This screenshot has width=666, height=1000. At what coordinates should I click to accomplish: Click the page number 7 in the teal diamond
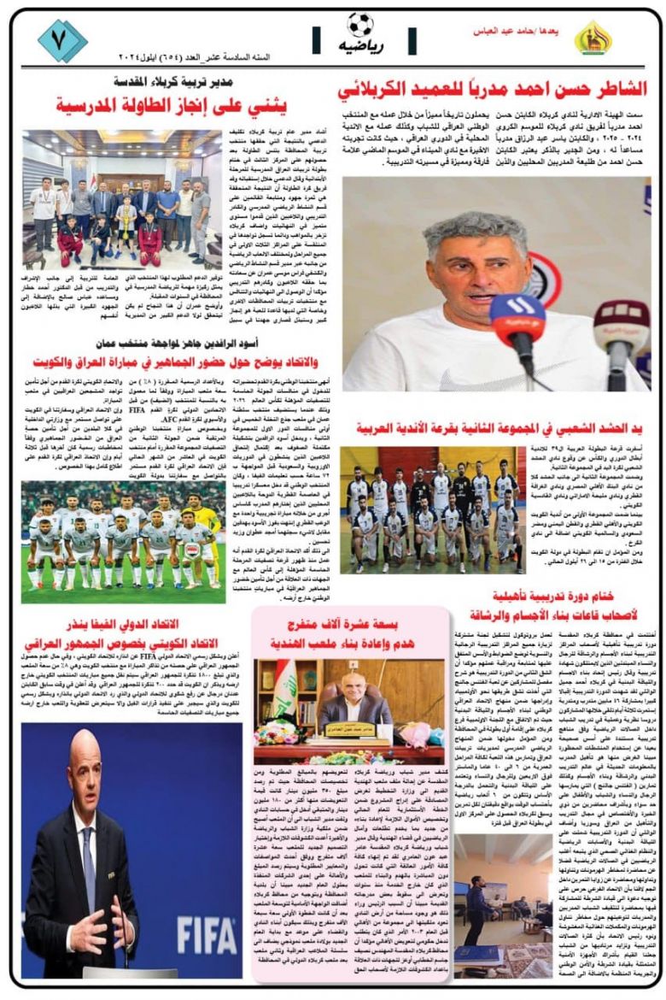[62, 40]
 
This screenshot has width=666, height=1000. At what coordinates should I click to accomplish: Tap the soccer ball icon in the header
[360, 24]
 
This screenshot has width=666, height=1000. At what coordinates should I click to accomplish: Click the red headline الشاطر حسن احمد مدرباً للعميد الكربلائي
[493, 88]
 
